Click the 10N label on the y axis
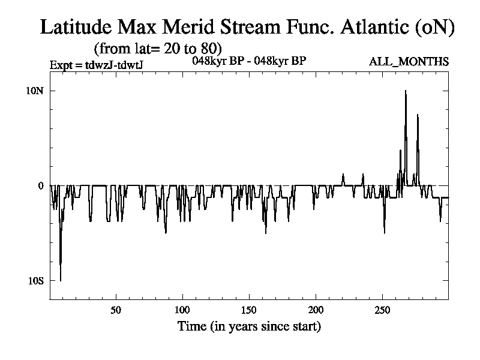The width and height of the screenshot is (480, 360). tap(35, 91)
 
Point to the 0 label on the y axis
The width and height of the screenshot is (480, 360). tap(41, 186)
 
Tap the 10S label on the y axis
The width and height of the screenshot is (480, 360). tap(36, 281)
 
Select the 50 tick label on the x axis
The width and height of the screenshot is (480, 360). tap(116, 310)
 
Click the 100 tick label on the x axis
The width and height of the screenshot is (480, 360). tap(182, 310)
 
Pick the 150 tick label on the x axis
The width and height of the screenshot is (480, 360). tap(248, 310)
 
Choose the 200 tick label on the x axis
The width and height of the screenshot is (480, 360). tap(316, 310)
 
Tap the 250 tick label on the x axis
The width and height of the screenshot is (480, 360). tap(382, 310)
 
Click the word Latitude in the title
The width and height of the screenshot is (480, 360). tap(76, 26)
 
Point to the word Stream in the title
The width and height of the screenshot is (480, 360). tap(250, 26)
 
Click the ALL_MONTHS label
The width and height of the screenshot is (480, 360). tap(409, 62)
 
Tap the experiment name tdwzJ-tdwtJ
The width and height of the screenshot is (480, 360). tap(114, 65)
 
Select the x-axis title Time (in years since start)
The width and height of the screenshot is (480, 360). tap(249, 326)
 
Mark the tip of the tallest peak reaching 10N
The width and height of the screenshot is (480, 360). tap(406, 91)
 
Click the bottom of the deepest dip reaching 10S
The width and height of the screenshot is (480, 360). tap(61, 281)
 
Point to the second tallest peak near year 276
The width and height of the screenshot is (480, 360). tap(417, 115)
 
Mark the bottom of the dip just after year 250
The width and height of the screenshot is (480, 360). tap(384, 233)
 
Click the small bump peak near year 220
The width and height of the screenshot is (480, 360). tap(343, 174)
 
